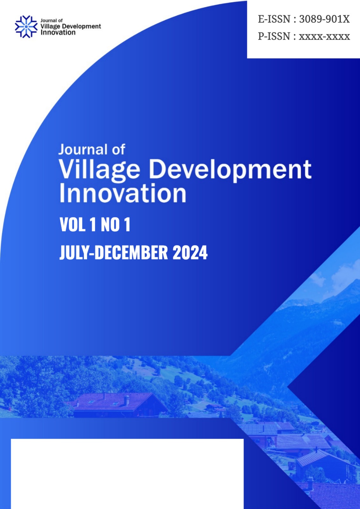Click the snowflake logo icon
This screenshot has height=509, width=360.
pos(26,27)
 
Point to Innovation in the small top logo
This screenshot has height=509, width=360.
pos(58,32)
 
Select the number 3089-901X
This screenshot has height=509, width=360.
pos(324,19)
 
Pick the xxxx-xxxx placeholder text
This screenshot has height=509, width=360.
pos(324,37)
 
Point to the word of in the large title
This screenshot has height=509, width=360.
pos(118,149)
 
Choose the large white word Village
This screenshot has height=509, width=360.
pos(99,170)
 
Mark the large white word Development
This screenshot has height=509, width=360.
pos(230,170)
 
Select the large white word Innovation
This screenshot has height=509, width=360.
pos(123,193)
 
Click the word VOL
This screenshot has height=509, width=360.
pos(73,224)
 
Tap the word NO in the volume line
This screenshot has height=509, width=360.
pos(110,224)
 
